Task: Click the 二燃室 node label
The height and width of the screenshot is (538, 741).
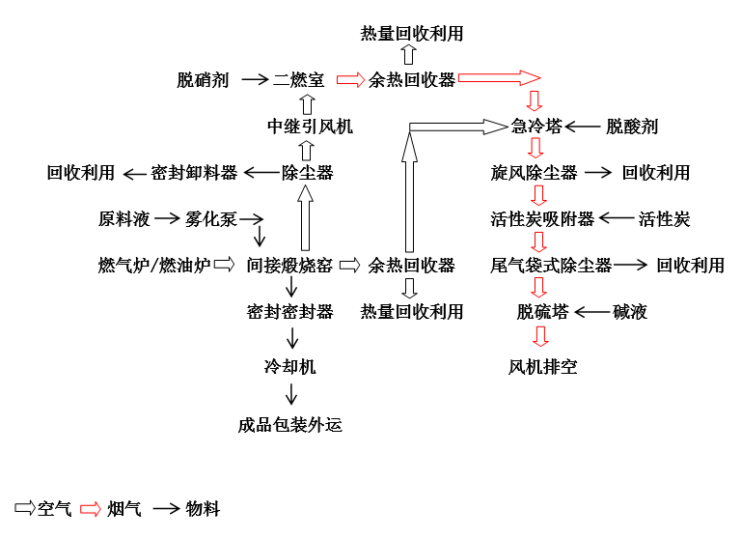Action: coord(299,80)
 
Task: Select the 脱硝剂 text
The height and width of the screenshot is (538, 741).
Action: coord(203,80)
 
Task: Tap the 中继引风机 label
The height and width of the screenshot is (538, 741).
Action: coord(310,127)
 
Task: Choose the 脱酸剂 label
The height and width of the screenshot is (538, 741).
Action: coord(632,127)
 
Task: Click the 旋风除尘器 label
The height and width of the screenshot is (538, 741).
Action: coord(535,173)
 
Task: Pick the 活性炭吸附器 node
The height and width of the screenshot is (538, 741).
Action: coord(543,219)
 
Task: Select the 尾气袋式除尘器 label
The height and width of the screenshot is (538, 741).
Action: coord(551,265)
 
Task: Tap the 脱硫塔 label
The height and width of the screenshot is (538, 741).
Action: coord(543,311)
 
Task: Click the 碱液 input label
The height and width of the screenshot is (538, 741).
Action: coord(630,311)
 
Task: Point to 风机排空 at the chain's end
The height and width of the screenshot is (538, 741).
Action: coord(543,367)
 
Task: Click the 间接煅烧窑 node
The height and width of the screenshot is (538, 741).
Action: coord(289,265)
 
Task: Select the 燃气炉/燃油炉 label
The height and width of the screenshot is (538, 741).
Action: coord(154,265)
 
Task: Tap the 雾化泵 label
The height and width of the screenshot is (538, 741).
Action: coord(211,219)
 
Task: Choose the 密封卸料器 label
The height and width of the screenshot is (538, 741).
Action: coord(194,173)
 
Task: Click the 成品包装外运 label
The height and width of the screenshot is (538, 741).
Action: coord(289,425)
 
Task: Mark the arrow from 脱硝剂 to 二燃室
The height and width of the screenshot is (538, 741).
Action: coord(254,80)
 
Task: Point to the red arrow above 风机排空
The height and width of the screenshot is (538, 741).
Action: coord(540,337)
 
